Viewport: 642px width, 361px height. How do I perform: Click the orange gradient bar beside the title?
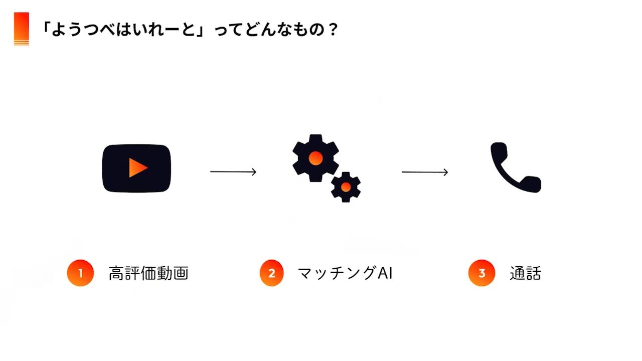click(22, 29)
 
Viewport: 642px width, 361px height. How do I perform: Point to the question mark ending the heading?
click(332, 30)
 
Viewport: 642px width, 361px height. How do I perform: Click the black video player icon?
click(137, 168)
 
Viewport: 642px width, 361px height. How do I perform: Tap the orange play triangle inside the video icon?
click(137, 168)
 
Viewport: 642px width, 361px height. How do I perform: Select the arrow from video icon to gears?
click(233, 172)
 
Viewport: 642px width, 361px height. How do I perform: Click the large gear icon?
click(315, 158)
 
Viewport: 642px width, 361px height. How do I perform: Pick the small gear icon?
click(346, 187)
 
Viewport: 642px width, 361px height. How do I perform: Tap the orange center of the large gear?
click(315, 158)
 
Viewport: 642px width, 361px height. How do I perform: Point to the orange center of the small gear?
click(346, 187)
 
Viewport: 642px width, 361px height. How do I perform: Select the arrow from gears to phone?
click(425, 172)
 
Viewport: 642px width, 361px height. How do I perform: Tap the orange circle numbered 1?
click(80, 273)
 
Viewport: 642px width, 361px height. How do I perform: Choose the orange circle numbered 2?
click(272, 273)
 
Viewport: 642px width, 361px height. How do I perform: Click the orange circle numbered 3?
click(481, 273)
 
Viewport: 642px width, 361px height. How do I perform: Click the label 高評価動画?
click(148, 273)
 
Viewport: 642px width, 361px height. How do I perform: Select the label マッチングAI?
click(345, 273)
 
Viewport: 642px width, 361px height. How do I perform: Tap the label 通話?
click(525, 273)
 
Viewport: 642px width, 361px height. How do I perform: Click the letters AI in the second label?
click(384, 273)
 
